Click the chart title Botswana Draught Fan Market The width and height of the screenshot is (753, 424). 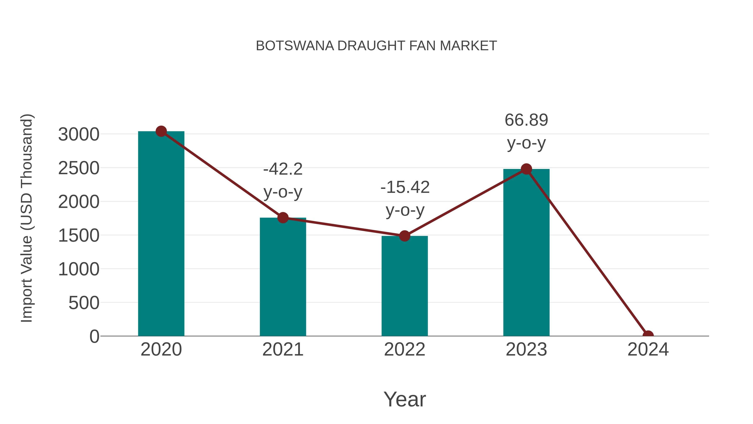pyautogui.click(x=376, y=46)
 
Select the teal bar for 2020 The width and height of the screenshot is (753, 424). pyautogui.click(x=161, y=234)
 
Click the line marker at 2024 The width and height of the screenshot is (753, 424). pyautogui.click(x=648, y=335)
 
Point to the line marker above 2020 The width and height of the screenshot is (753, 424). pyautogui.click(x=161, y=131)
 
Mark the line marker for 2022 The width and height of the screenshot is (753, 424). pyautogui.click(x=405, y=236)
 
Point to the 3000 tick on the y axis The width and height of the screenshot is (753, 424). pyautogui.click(x=79, y=135)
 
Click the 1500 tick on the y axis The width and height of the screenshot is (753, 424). pyautogui.click(x=79, y=236)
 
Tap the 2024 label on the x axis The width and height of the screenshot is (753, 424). pyautogui.click(x=648, y=350)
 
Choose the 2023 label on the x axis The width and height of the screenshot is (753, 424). pyautogui.click(x=526, y=350)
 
